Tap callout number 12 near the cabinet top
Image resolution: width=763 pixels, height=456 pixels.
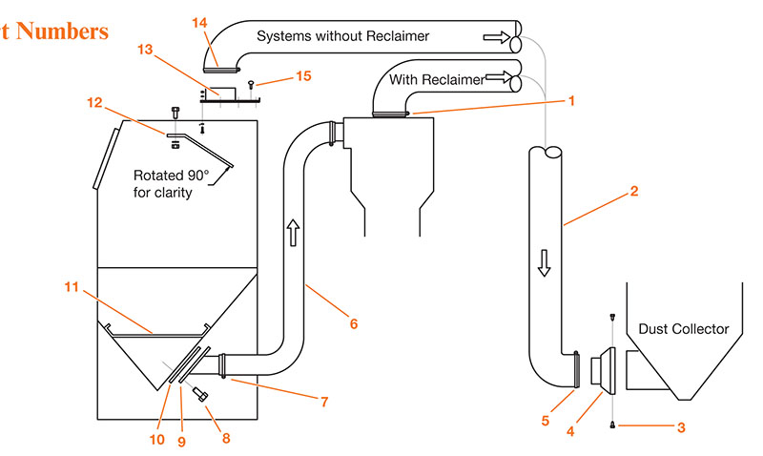pyautogui.click(x=94, y=102)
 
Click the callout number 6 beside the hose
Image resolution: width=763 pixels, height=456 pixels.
pyautogui.click(x=353, y=324)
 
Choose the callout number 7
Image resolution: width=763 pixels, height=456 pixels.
pyautogui.click(x=324, y=403)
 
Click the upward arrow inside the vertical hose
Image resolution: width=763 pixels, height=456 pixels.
pyautogui.click(x=291, y=231)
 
